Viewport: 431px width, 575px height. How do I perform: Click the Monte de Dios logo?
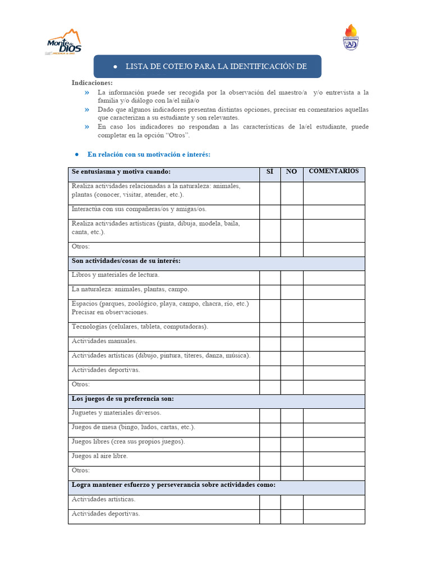[x=63, y=43]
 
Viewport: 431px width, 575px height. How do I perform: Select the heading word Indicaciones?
[x=92, y=83]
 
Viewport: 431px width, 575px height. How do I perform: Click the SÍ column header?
[x=270, y=172]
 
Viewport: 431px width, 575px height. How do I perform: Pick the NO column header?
[x=291, y=172]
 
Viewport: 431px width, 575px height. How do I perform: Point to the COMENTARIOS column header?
[x=334, y=171]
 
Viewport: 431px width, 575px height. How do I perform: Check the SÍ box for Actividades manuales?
[x=270, y=344]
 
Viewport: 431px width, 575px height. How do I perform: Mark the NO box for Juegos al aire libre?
[x=291, y=459]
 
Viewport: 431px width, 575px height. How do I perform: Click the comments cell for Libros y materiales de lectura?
[x=334, y=278]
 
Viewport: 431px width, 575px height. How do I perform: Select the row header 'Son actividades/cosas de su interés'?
[x=126, y=261]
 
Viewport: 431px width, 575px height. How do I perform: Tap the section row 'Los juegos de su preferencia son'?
[x=123, y=399]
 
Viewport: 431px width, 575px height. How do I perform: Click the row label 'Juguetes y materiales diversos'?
[x=116, y=413]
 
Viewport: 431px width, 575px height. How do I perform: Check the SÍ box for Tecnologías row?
[x=270, y=329]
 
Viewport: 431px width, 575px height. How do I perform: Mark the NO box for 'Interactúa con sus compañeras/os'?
[x=291, y=212]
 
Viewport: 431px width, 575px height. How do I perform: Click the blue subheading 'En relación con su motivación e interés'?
[x=149, y=154]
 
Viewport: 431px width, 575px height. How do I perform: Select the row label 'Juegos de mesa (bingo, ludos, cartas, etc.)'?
[x=134, y=427]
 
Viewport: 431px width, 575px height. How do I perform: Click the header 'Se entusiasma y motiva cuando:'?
[x=121, y=172]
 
